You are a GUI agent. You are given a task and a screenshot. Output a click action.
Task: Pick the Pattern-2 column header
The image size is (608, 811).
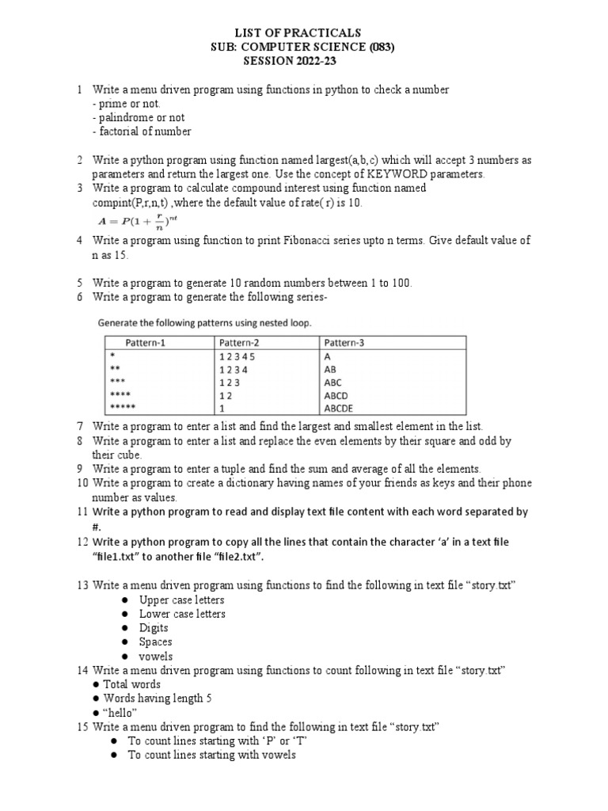coord(241,343)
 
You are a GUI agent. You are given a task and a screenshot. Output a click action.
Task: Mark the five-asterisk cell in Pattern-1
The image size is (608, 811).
coord(123,408)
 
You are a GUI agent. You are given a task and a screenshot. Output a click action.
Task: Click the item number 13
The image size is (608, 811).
coord(82,585)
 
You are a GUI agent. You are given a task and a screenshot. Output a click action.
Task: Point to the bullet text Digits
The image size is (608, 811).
coord(154,628)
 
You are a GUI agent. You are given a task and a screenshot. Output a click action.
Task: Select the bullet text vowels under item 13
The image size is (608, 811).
coord(156,657)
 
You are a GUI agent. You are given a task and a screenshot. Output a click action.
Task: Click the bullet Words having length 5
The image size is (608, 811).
coord(158,698)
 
